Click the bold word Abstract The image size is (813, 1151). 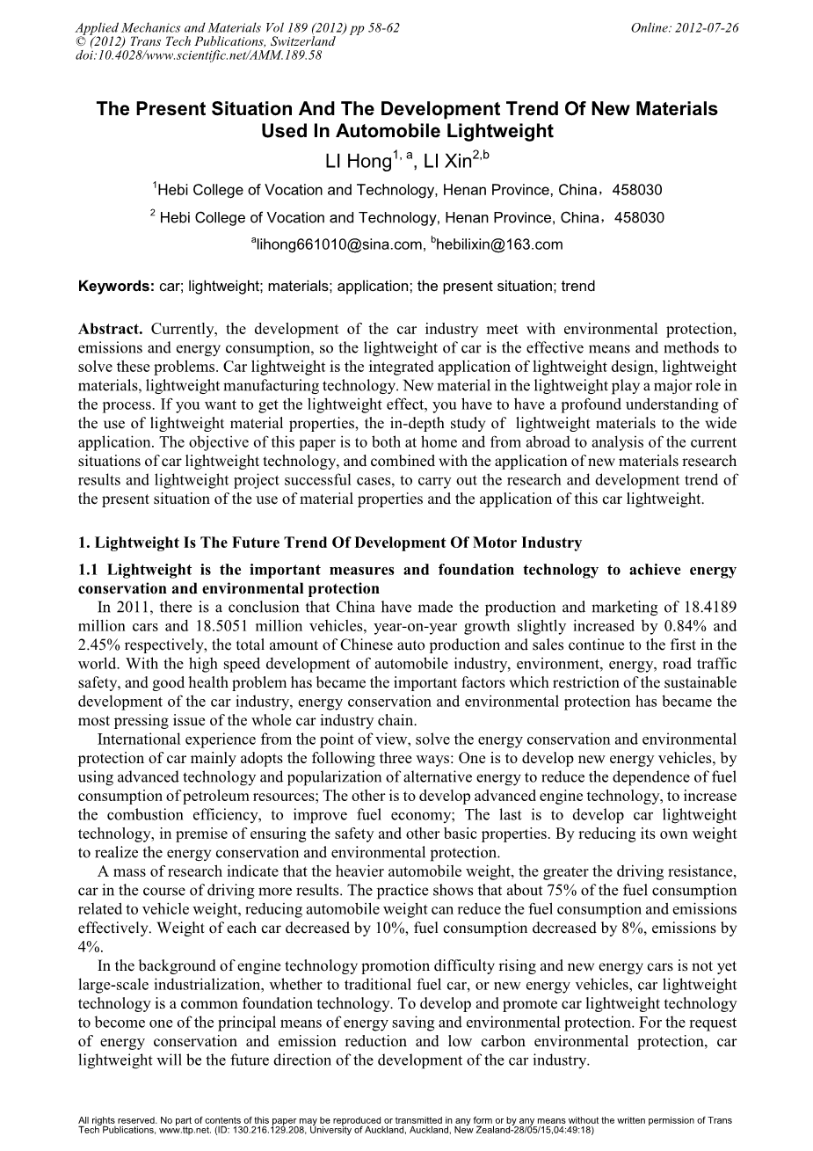click(x=111, y=330)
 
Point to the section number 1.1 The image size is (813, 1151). click(x=90, y=570)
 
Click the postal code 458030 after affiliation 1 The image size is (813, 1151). click(x=638, y=190)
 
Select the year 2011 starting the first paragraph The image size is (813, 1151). click(x=130, y=607)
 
